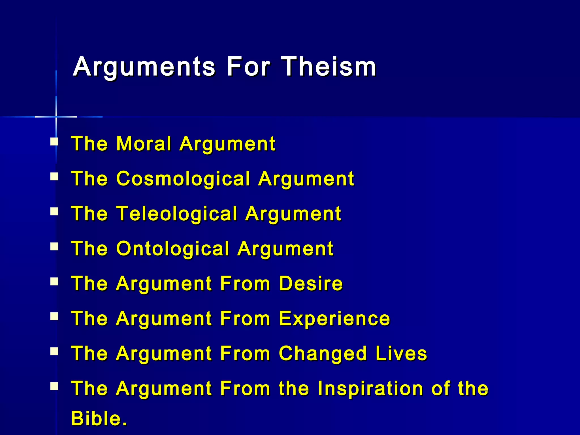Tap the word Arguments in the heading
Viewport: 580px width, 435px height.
144,67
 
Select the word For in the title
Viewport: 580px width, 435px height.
248,67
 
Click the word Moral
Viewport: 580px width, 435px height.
144,144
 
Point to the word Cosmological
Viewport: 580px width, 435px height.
183,179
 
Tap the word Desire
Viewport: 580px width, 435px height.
311,283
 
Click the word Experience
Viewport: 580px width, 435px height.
334,319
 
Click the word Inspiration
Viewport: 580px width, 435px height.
370,388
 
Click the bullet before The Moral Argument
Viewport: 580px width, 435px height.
54,142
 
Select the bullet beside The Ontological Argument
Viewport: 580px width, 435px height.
54,247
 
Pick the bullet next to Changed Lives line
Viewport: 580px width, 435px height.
54,351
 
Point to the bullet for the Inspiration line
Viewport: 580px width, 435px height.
54,386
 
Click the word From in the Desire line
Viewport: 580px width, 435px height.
245,283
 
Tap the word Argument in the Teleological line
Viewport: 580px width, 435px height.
293,214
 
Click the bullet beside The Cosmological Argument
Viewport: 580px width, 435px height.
54,177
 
